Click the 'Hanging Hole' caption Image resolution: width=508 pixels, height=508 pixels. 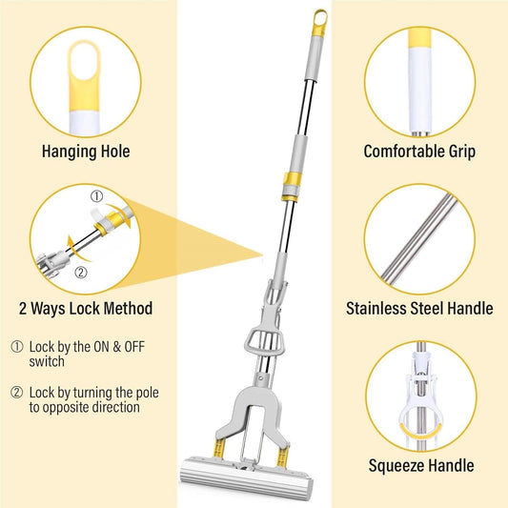[86, 152]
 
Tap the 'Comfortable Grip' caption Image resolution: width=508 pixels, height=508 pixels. [419, 152]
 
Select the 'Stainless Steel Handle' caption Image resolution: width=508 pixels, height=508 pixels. [419, 308]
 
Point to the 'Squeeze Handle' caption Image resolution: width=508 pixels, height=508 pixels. [421, 465]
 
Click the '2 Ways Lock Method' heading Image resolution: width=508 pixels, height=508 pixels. [86, 308]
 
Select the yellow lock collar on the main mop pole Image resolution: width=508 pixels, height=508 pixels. [292, 187]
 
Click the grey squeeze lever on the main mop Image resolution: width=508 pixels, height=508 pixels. [265, 343]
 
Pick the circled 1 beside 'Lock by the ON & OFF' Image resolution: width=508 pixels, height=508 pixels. [17, 347]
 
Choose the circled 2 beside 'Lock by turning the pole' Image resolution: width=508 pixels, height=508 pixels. [17, 393]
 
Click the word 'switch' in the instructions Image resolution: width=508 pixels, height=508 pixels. [47, 361]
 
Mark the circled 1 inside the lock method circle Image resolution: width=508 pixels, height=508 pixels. [96, 196]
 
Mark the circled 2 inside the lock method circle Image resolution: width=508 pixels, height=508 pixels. [81, 273]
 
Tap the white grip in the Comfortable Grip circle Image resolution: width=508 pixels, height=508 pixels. [420, 89]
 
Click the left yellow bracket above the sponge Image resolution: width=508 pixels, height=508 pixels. [219, 449]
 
